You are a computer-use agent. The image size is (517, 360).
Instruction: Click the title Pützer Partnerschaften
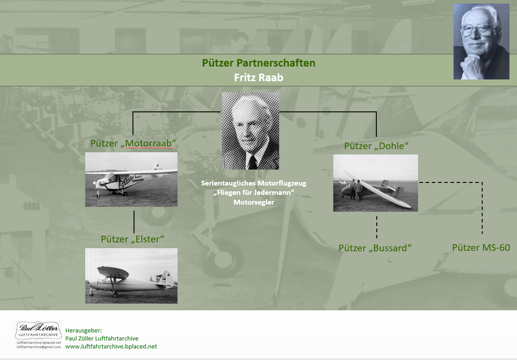tap(258, 63)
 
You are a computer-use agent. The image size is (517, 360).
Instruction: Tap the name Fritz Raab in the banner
tap(258, 78)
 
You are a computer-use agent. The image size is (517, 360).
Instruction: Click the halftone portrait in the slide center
tap(250, 131)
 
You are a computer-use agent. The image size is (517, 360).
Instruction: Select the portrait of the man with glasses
tap(481, 42)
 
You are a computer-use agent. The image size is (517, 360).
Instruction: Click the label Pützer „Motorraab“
tap(133, 143)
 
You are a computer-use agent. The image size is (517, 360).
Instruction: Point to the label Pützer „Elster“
tap(133, 239)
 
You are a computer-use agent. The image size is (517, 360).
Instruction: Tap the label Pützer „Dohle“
tap(376, 146)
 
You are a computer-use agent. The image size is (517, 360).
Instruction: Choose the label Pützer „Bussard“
tap(375, 248)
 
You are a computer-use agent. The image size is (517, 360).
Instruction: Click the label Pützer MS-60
tap(481, 248)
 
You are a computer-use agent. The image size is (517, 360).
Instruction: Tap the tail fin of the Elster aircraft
tap(167, 279)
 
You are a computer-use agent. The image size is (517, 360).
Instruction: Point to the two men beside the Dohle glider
tap(355, 190)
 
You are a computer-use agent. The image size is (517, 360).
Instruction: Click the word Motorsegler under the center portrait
tap(254, 202)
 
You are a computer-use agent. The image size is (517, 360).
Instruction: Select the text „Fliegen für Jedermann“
tap(254, 193)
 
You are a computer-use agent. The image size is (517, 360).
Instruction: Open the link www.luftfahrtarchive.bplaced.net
tap(111, 347)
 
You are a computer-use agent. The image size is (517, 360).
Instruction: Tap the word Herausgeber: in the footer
tap(84, 330)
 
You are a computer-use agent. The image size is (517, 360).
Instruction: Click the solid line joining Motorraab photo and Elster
tap(134, 222)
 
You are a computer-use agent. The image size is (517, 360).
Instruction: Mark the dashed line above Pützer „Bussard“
tap(376, 227)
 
